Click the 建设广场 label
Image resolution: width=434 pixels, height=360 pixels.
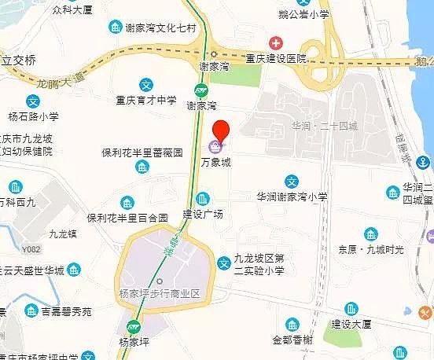click(x=203, y=214)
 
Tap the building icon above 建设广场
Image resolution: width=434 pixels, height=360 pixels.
click(x=203, y=198)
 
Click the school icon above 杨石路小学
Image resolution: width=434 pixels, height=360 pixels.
click(x=33, y=101)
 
